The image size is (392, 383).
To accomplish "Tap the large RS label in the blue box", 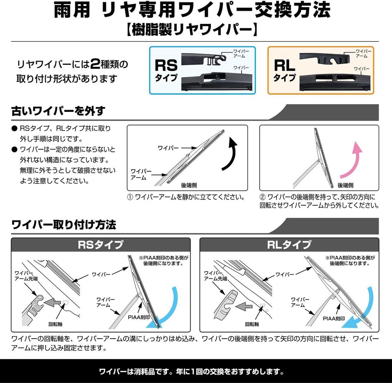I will [x=166, y=65].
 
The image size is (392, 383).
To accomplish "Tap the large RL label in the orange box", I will [x=284, y=65].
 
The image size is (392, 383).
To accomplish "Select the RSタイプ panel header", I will [x=100, y=244].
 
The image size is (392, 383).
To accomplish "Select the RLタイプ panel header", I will [x=289, y=244].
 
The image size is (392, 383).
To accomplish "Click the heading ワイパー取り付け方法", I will [x=64, y=224].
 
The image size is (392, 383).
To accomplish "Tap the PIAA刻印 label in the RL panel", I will [x=334, y=318].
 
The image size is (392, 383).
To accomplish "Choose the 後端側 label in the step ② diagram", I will [x=345, y=185].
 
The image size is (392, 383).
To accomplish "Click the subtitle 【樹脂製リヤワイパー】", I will [x=196, y=30].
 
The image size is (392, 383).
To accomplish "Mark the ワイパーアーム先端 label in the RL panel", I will [x=216, y=276].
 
